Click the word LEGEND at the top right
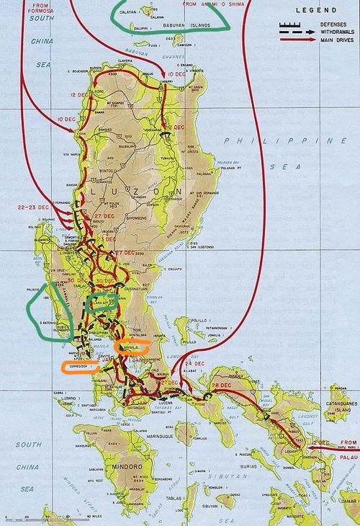[x=315, y=12]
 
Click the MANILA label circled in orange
[x=131, y=347]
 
